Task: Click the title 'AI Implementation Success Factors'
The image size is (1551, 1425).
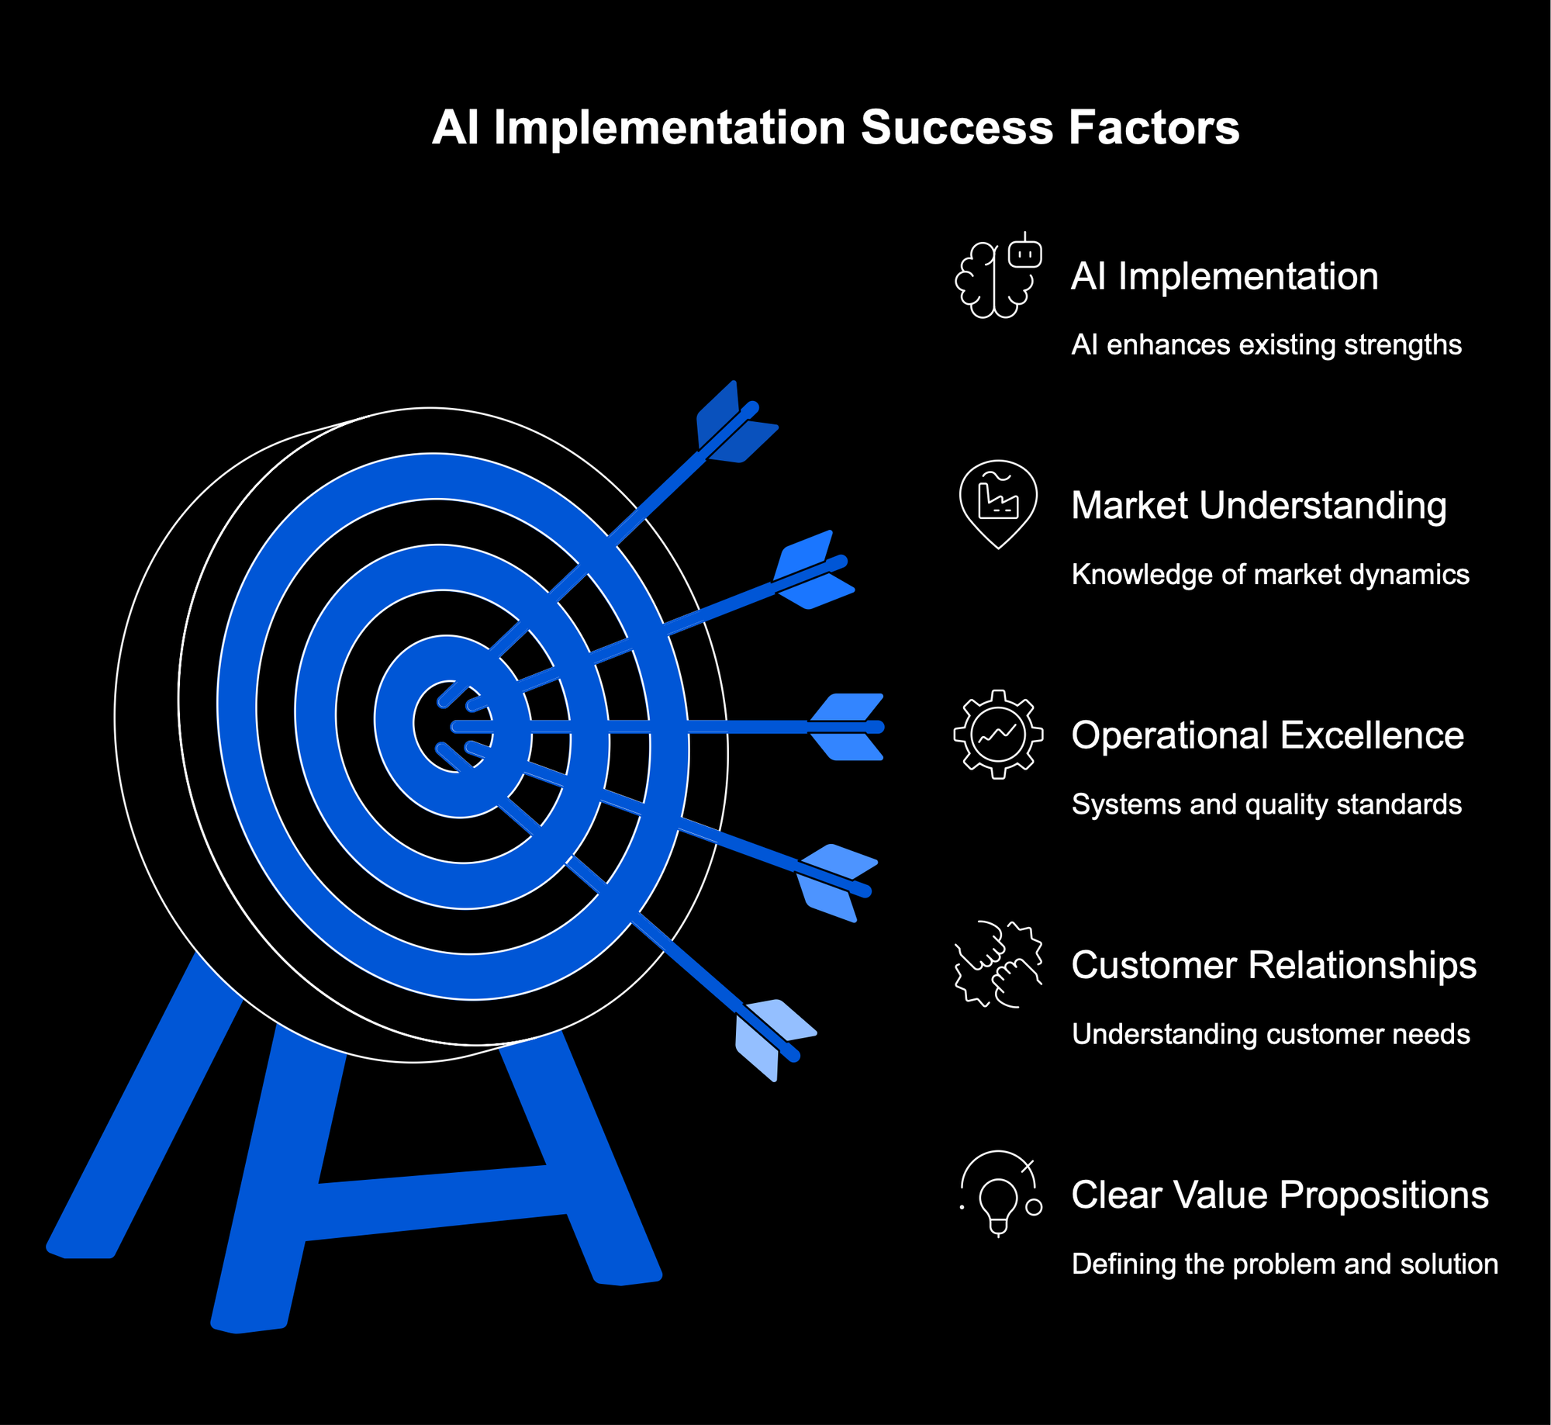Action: pos(835,127)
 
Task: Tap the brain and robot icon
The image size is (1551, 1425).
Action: pos(998,275)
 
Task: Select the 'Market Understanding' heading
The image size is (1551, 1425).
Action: pos(1259,505)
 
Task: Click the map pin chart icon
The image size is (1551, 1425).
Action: pos(998,505)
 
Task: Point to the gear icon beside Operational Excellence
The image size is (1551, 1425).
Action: pos(998,735)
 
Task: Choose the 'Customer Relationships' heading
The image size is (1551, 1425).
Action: pos(1273,965)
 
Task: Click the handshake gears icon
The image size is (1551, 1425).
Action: pos(998,964)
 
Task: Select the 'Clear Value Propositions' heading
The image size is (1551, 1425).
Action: pos(1280,1195)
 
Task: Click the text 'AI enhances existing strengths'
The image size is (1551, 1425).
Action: pos(1266,344)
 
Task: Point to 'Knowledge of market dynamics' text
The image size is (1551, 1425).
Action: pos(1270,574)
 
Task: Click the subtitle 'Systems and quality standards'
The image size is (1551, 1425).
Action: pos(1266,804)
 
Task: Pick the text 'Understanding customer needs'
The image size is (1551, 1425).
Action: pos(1270,1034)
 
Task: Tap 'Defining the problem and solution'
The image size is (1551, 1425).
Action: pos(1284,1264)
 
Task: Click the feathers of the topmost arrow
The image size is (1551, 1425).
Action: pos(736,423)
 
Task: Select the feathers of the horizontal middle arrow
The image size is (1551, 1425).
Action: pos(846,727)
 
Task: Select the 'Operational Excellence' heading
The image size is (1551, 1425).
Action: pos(1267,735)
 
